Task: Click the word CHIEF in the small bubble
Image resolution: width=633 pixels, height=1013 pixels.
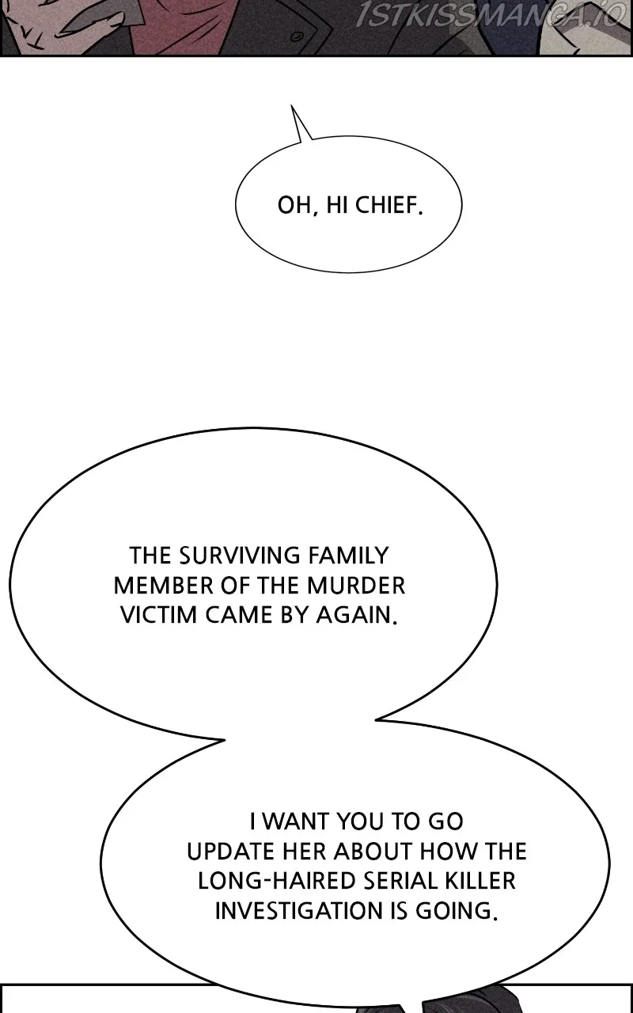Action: point(389,205)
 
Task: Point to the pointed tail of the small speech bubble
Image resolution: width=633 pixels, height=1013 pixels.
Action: point(292,106)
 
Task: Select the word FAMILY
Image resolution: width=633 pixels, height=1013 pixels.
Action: point(348,556)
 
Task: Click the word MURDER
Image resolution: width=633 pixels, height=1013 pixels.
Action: point(356,585)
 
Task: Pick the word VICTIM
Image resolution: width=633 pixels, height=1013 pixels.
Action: point(158,615)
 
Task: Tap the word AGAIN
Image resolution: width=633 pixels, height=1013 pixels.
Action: point(357,615)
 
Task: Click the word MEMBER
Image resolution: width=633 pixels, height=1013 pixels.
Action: point(163,585)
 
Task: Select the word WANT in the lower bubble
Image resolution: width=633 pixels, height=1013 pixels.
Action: point(296,821)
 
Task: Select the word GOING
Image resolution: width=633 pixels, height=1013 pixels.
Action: point(457,911)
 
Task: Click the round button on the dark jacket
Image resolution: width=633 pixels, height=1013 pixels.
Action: point(296,37)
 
